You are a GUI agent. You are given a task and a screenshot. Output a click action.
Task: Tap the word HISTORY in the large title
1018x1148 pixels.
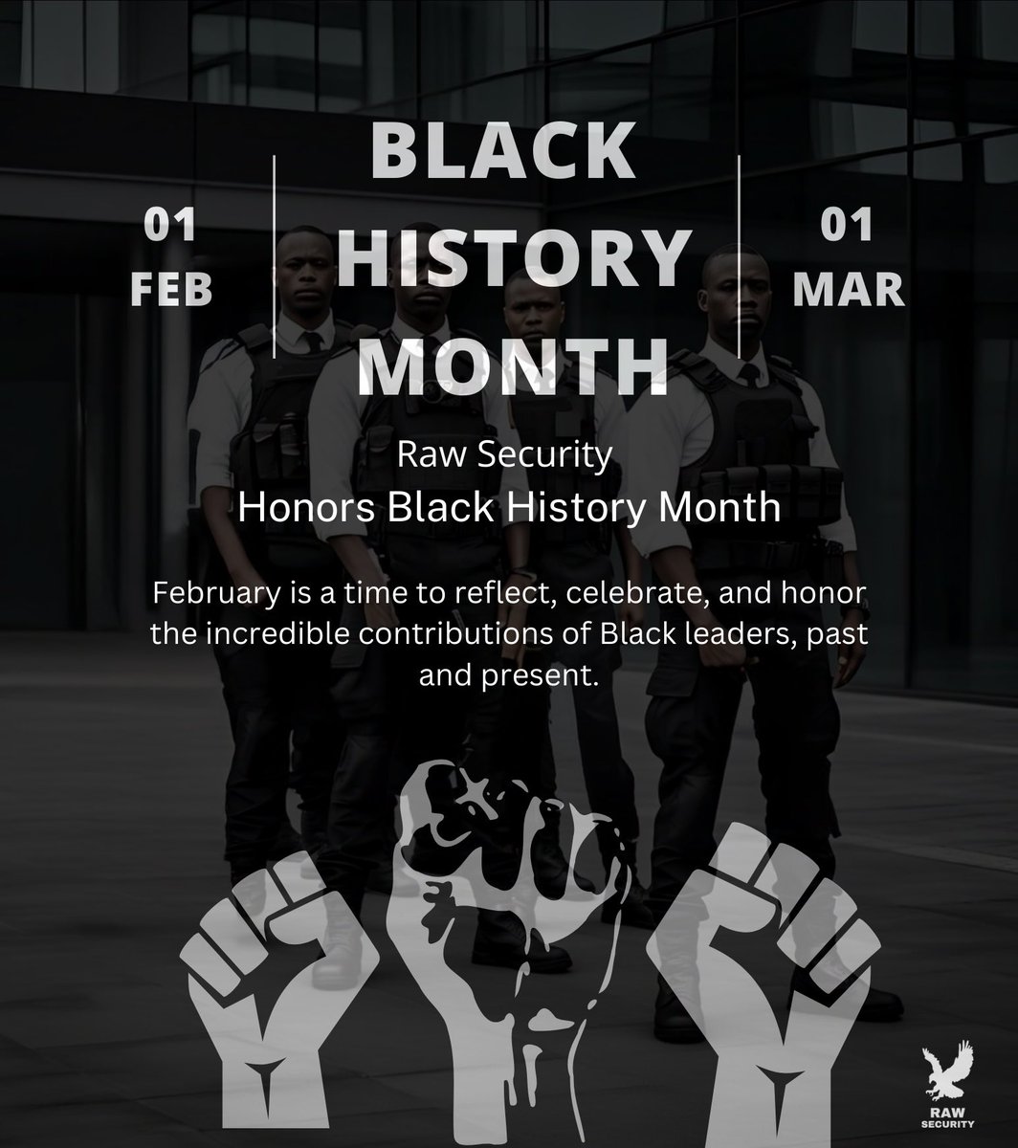point(514,259)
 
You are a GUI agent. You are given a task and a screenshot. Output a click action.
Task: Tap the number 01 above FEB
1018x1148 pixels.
point(170,227)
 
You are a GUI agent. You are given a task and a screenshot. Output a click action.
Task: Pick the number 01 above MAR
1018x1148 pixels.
point(847,227)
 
